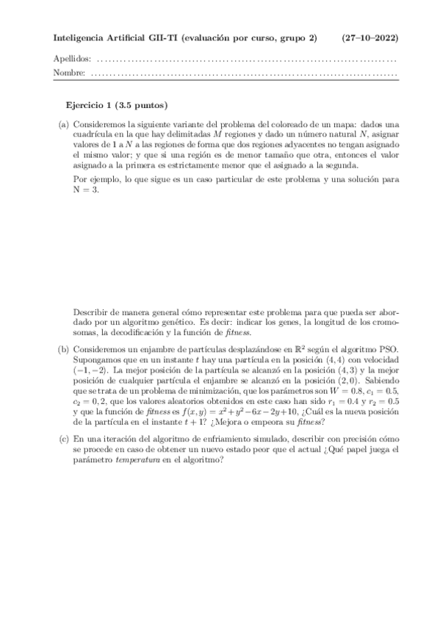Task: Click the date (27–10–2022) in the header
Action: coord(372,37)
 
